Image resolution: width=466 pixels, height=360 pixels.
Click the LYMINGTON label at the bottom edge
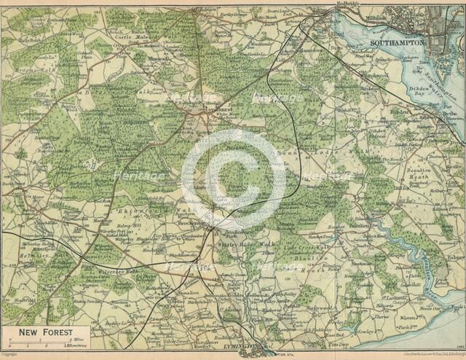(x=241, y=348)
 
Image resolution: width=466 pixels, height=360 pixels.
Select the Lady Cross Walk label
(x=296, y=247)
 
